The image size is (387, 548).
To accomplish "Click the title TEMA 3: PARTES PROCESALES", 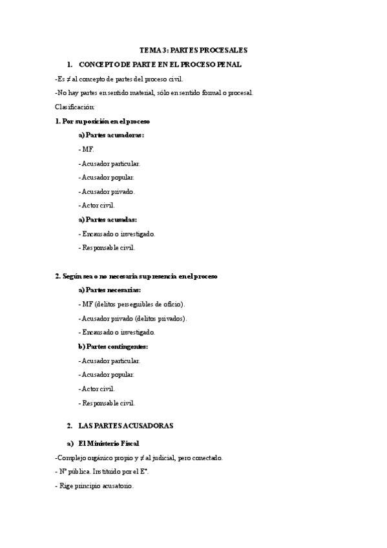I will click(193, 50).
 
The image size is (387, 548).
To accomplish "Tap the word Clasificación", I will click(75, 106).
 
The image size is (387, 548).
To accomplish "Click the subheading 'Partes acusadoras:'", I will click(111, 135).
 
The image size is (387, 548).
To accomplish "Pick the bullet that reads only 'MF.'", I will click(87, 149).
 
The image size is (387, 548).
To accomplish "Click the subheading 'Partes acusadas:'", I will click(107, 219).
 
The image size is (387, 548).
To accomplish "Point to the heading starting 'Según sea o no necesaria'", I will click(136, 276).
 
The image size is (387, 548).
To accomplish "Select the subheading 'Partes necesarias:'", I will click(109, 290).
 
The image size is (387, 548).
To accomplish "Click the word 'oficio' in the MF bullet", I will click(171, 304).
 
